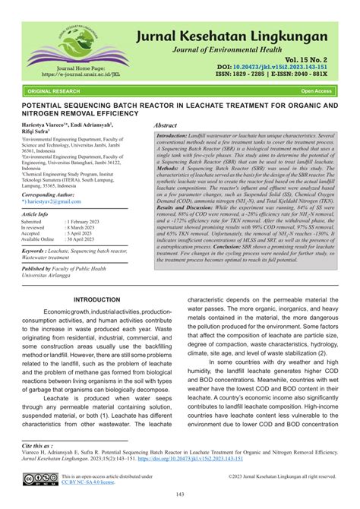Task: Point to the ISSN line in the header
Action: coord(287,75)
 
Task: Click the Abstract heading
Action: coord(166,124)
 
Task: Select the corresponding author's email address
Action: coord(46,203)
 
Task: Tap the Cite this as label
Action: coord(37,445)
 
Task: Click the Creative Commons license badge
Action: coord(38,479)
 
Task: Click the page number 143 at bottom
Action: coord(180,495)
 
